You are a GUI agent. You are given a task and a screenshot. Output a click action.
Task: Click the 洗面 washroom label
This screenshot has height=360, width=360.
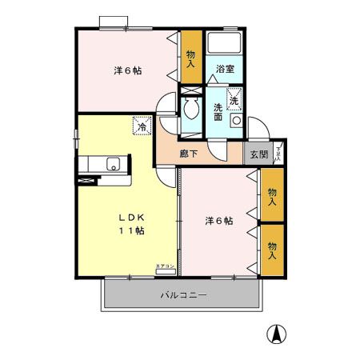pos(217,113)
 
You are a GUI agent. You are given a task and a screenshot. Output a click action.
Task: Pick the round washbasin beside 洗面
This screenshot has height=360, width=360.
pos(236,120)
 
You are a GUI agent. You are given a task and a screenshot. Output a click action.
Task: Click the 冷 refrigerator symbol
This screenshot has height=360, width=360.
pos(142,126)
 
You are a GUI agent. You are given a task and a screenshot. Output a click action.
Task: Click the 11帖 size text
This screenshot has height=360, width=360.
pos(132,231)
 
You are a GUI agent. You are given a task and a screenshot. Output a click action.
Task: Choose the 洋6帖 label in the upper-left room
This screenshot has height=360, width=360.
pos(127,70)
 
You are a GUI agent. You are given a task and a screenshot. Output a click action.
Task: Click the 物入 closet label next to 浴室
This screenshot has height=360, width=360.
pos(190,59)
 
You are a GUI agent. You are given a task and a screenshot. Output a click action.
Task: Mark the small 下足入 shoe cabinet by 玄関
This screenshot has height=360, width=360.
pos(278,151)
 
